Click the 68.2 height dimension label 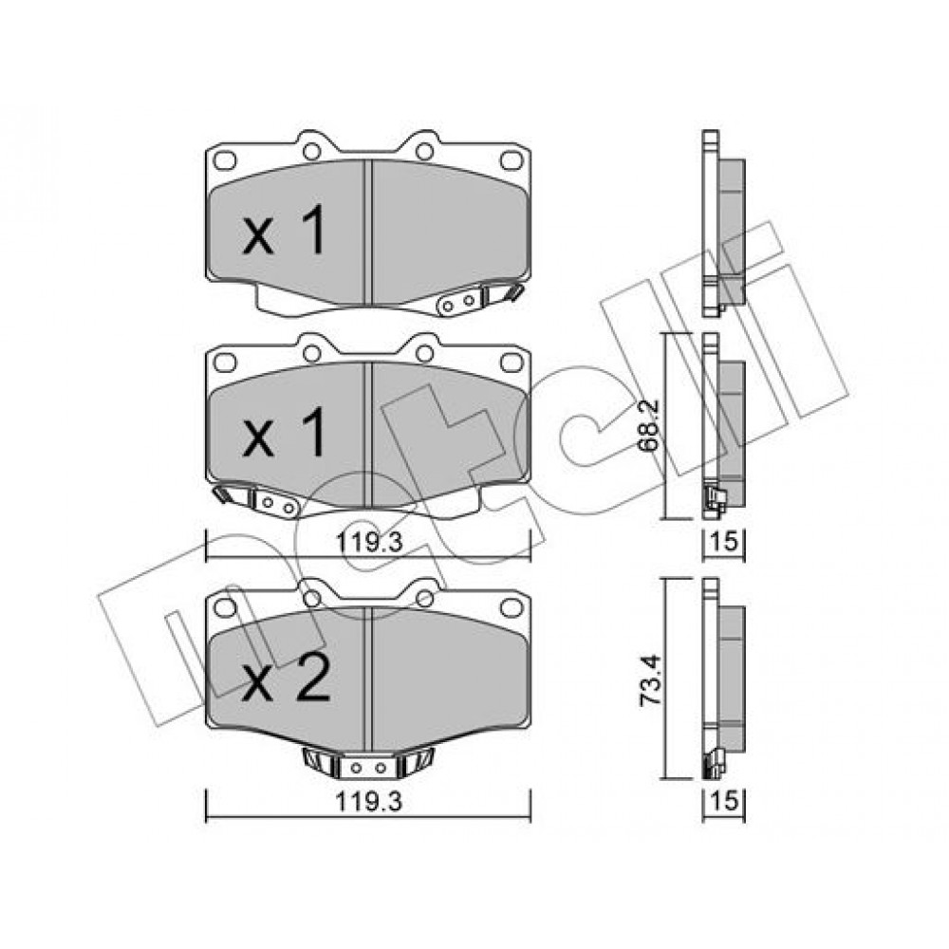click(x=649, y=425)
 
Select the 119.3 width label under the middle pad click(x=369, y=542)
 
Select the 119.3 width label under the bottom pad click(x=369, y=802)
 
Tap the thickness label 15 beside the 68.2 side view click(x=724, y=541)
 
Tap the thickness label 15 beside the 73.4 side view click(x=724, y=801)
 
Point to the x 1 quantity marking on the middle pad click(x=285, y=432)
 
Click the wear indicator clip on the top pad click(x=479, y=300)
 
